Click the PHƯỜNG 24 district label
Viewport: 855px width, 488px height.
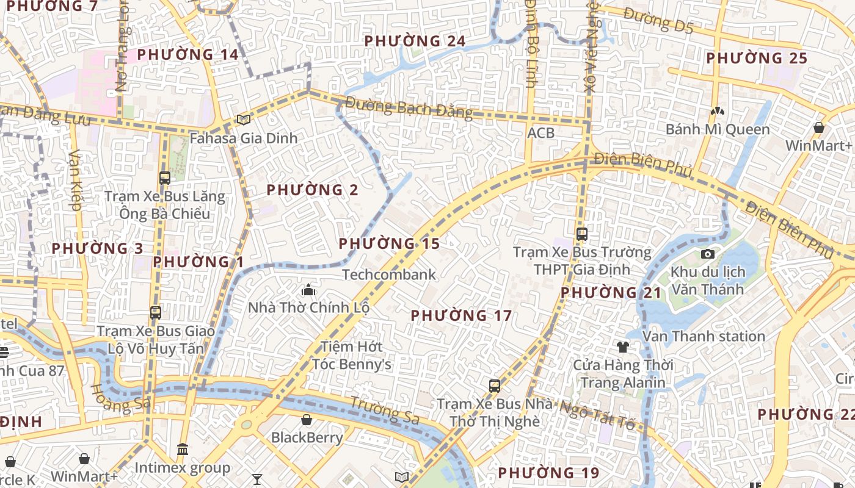pyautogui.click(x=415, y=41)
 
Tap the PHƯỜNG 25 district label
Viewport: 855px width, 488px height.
pyautogui.click(x=757, y=59)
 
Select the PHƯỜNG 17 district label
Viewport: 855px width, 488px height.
pyautogui.click(x=461, y=316)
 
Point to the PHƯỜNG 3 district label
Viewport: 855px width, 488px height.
pyautogui.click(x=97, y=249)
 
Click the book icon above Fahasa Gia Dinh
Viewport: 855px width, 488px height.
pyautogui.click(x=244, y=120)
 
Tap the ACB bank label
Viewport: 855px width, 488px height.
pyautogui.click(x=541, y=133)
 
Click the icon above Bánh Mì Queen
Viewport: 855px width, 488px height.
pyautogui.click(x=718, y=112)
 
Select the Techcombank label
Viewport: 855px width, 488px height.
pyautogui.click(x=389, y=274)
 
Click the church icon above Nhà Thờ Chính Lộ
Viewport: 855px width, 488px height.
pyautogui.click(x=308, y=290)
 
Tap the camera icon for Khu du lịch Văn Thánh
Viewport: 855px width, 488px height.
pyautogui.click(x=708, y=254)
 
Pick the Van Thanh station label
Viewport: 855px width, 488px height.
pyautogui.click(x=704, y=336)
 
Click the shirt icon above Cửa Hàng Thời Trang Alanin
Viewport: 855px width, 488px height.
pyautogui.click(x=622, y=347)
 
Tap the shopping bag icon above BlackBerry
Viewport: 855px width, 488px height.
pyautogui.click(x=307, y=420)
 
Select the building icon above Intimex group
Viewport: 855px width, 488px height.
pyautogui.click(x=182, y=450)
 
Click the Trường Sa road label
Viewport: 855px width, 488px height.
pyautogui.click(x=384, y=410)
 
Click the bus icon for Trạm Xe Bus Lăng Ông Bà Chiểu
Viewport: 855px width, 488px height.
pyautogui.click(x=164, y=178)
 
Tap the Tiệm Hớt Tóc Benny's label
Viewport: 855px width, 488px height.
pyautogui.click(x=352, y=356)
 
